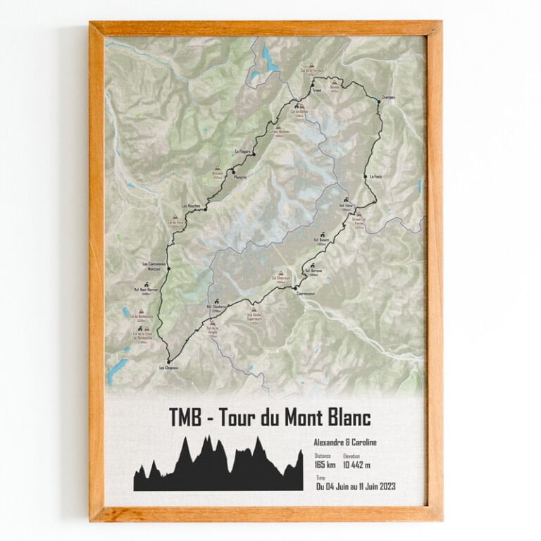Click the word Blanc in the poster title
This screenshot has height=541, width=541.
(x=342, y=418)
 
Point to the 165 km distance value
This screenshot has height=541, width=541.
(x=324, y=465)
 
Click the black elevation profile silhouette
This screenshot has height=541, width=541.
(x=218, y=468)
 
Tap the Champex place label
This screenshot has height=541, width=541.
(x=387, y=97)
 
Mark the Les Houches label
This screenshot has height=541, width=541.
(x=191, y=206)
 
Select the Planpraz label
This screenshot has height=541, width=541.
(x=240, y=177)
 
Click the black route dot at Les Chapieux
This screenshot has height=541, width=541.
(x=169, y=361)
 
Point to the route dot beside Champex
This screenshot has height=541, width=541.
(x=378, y=101)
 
